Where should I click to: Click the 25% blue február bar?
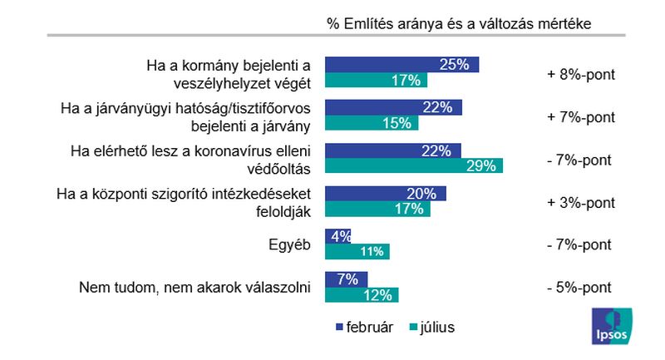(x=401, y=65)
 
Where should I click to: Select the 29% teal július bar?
(x=414, y=166)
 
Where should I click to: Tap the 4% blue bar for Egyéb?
(x=338, y=236)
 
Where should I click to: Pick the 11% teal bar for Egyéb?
(x=357, y=252)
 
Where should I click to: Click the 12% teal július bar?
(x=362, y=295)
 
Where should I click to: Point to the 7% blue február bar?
(x=347, y=279)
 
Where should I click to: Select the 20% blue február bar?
(x=386, y=194)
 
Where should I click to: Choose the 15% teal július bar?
(x=371, y=124)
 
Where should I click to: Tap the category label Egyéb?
(x=289, y=245)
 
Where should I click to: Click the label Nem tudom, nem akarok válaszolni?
(x=195, y=288)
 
